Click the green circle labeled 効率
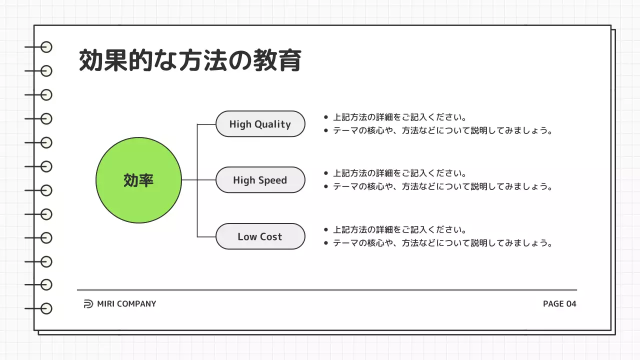(x=138, y=180)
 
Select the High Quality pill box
(x=260, y=124)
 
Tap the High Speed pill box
(x=260, y=180)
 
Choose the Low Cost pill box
(x=260, y=236)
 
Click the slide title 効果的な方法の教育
(x=190, y=60)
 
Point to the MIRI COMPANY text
(x=126, y=303)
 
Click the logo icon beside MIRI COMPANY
(x=88, y=303)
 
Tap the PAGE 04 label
(x=559, y=303)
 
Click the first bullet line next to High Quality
(x=400, y=117)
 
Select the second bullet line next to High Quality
(x=442, y=130)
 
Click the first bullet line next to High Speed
(x=400, y=173)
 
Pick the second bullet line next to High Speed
(x=442, y=186)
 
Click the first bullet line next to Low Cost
(x=400, y=230)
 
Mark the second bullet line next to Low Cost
(x=442, y=243)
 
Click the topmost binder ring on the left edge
(x=46, y=47)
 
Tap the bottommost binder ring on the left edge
(x=46, y=308)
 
